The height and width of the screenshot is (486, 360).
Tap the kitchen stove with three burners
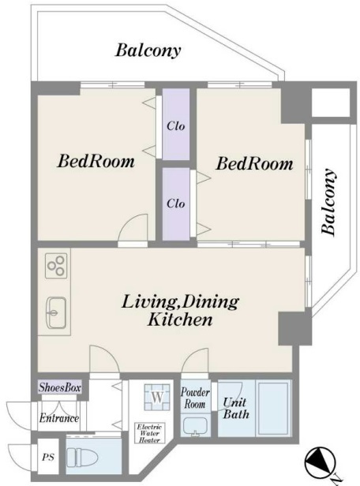pyautogui.click(x=56, y=266)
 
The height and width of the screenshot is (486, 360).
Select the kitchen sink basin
pyautogui.click(x=56, y=312)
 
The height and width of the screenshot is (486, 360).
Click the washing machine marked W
pyautogui.click(x=157, y=397)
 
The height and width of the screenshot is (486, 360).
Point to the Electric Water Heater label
pyautogui.click(x=149, y=433)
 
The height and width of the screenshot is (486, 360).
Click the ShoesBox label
pyautogui.click(x=60, y=387)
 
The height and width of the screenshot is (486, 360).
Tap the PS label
pyautogui.click(x=48, y=457)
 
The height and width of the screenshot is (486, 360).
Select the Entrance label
pyautogui.click(x=59, y=418)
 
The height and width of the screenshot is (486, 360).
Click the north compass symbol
pyautogui.click(x=321, y=462)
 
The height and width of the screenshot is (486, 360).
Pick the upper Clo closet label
pyautogui.click(x=176, y=126)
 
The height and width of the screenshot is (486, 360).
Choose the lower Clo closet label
pyautogui.click(x=176, y=204)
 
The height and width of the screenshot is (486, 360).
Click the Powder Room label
pyautogui.click(x=195, y=398)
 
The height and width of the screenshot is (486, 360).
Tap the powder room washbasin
pyautogui.click(x=195, y=427)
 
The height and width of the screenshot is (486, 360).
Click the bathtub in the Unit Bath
pyautogui.click(x=274, y=408)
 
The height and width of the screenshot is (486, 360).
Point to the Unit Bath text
pyautogui.click(x=236, y=408)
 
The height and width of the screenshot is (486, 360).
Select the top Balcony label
pyautogui.click(x=148, y=50)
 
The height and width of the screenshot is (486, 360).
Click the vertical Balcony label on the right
pyautogui.click(x=328, y=202)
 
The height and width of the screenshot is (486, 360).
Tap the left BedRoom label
pyautogui.click(x=96, y=161)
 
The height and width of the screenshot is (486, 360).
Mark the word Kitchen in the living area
pyautogui.click(x=180, y=320)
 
